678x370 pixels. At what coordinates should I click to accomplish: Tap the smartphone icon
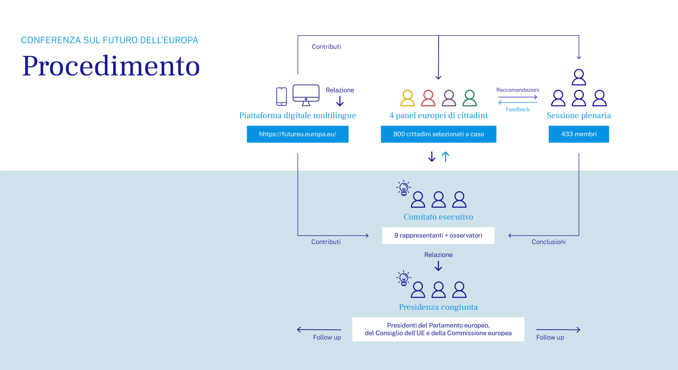pos(281,96)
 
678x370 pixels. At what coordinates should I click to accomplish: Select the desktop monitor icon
pos(306,95)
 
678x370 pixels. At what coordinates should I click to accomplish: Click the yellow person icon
pos(407,98)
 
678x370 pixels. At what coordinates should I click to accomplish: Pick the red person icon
pos(428,98)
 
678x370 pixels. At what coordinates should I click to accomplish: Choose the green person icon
pos(470,98)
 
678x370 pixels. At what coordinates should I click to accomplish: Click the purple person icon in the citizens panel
pos(449,98)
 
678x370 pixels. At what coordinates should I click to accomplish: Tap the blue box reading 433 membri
pos(579,134)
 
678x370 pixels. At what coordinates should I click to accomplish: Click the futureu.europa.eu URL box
pos(297,134)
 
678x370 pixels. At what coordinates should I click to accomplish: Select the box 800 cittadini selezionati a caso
pos(438,134)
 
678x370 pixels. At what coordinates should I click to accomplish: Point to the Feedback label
pos(518,109)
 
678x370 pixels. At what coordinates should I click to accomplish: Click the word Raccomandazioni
pos(518,90)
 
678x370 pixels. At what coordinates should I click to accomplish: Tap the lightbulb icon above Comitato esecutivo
pos(404,188)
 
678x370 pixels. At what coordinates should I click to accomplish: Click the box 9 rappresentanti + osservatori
pos(438,235)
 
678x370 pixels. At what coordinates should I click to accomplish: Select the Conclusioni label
pos(548,242)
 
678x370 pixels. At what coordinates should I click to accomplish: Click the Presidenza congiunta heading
pos(438,307)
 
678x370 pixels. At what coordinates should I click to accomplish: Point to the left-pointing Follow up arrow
pos(319,330)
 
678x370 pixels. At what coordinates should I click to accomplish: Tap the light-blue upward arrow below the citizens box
pos(445,157)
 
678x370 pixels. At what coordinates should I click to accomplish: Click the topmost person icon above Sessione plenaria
pos(579,77)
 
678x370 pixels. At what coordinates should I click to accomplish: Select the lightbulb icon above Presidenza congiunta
pos(404,278)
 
